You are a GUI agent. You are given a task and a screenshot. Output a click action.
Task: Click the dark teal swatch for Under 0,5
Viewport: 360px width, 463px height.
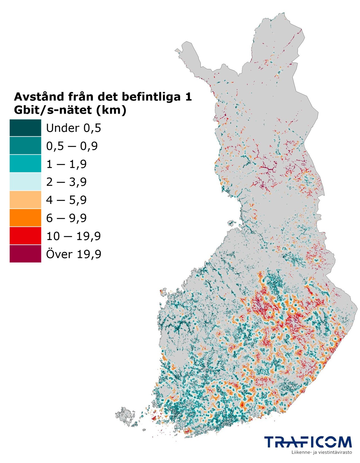coord(25,128)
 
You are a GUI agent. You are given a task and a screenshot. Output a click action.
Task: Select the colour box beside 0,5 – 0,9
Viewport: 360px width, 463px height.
coord(25,146)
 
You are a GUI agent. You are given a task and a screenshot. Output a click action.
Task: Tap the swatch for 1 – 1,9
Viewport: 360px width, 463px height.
coord(25,164)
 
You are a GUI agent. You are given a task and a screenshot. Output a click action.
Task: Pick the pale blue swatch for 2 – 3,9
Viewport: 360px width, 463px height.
coord(25,182)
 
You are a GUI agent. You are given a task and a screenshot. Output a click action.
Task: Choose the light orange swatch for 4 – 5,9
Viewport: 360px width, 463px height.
coord(25,200)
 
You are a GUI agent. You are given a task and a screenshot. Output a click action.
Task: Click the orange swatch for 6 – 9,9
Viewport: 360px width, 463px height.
coord(25,218)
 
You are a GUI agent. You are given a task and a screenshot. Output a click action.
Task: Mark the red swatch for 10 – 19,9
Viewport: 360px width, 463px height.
coord(25,236)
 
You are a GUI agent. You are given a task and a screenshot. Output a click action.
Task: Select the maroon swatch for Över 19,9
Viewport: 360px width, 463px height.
coord(25,254)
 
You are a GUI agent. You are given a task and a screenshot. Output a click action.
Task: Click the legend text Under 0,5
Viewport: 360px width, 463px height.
coord(73,128)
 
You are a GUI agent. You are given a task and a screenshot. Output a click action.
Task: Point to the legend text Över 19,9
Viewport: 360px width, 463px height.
coord(73,254)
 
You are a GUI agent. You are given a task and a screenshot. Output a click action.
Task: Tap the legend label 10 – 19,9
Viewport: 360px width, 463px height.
coord(73,236)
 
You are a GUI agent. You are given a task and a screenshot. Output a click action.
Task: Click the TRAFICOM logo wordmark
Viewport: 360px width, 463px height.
coord(308,442)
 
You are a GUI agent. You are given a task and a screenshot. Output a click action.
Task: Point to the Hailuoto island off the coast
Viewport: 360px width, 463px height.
coord(232,224)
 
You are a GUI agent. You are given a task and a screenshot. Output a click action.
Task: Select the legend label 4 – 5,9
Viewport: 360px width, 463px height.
coord(66,200)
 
